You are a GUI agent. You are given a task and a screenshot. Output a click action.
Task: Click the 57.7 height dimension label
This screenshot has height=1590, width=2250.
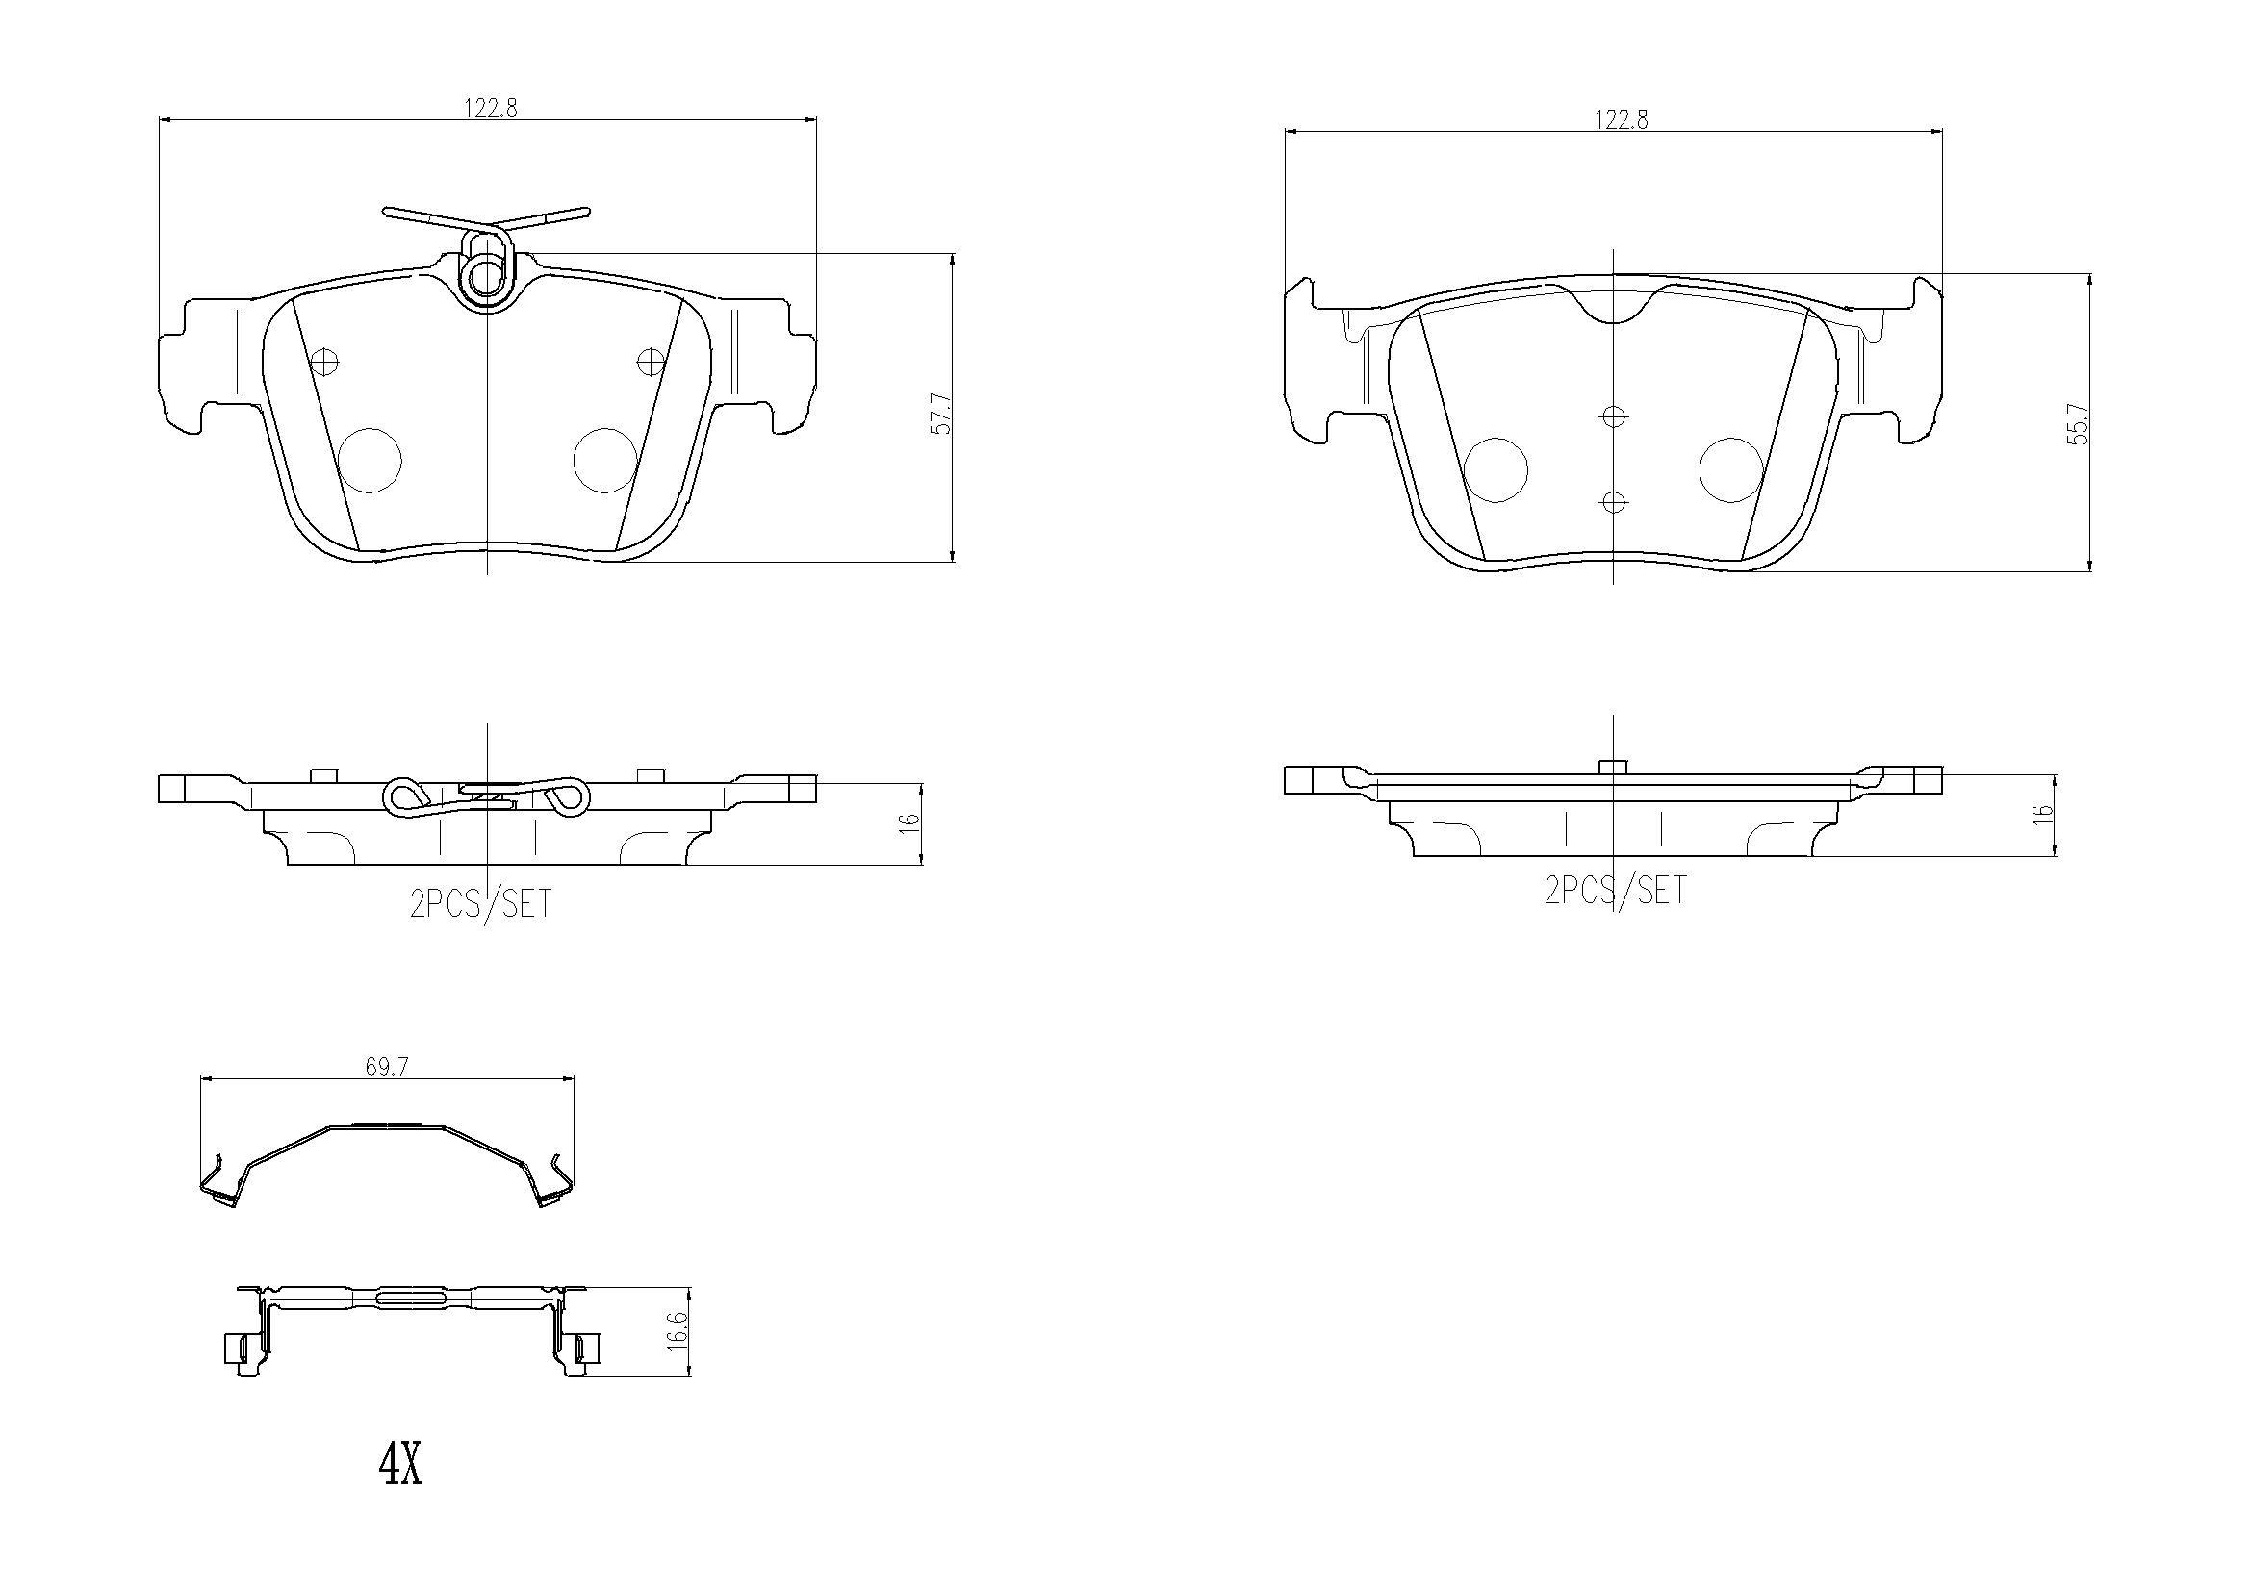click(x=939, y=414)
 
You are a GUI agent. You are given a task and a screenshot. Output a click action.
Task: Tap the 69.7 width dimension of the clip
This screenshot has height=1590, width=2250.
click(x=387, y=1067)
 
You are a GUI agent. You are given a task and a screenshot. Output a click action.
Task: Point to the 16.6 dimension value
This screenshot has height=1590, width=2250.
click(x=677, y=1333)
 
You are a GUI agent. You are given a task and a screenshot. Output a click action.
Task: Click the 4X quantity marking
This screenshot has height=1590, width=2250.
click(x=399, y=1467)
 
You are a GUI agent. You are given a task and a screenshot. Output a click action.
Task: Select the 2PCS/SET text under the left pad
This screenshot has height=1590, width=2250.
click(x=480, y=903)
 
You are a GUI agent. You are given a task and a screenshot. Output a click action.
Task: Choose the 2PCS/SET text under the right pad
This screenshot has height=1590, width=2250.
click(x=1615, y=890)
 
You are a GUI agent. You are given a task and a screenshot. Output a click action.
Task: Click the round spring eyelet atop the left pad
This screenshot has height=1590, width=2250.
click(x=486, y=278)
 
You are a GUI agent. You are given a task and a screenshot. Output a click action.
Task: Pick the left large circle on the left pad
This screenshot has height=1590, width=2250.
click(x=370, y=461)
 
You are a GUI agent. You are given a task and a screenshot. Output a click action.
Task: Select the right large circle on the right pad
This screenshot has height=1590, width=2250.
click(x=1730, y=469)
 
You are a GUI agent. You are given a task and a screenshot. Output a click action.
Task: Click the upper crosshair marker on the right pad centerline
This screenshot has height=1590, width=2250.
click(x=1614, y=417)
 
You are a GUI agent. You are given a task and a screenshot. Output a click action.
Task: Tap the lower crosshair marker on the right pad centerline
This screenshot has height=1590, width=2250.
click(x=1614, y=502)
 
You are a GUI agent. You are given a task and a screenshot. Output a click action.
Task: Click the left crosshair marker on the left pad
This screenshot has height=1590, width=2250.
click(x=323, y=362)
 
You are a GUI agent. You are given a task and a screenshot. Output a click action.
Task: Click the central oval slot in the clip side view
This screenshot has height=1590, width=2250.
click(x=411, y=1298)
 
